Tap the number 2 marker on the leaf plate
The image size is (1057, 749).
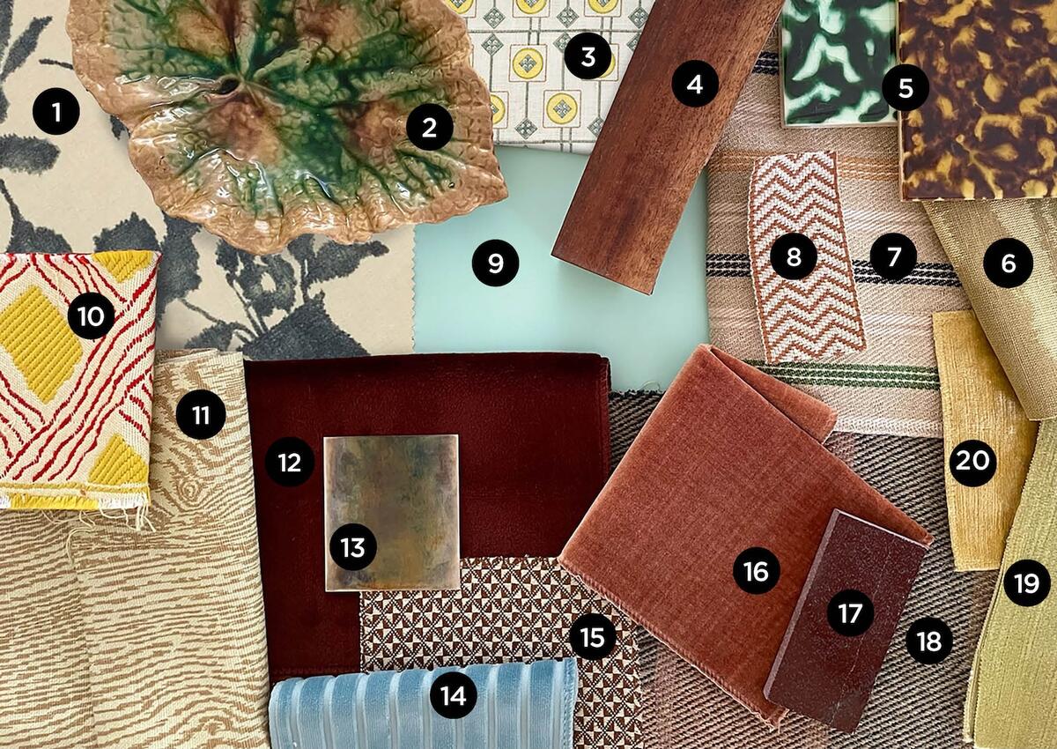(430, 128)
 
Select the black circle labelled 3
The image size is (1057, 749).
(588, 57)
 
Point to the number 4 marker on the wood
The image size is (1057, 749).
(695, 85)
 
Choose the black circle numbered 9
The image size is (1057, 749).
(495, 263)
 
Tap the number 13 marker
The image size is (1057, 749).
(352, 546)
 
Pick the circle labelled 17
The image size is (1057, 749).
(850, 613)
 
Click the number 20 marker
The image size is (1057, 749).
(973, 462)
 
